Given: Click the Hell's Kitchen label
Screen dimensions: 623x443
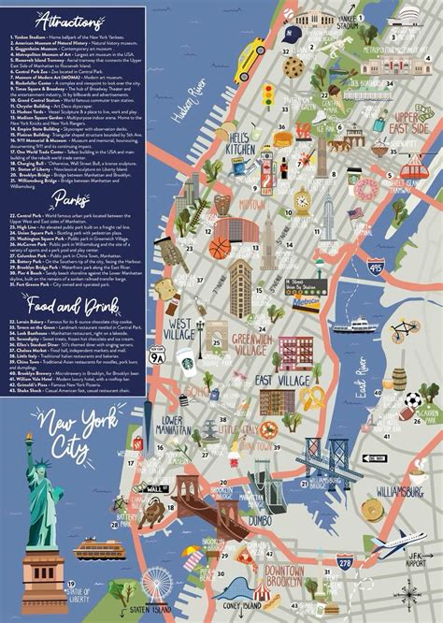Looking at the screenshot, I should coord(240,144).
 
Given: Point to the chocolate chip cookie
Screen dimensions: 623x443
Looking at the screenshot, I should coord(292,66).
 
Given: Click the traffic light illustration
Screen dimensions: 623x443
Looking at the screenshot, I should coord(268,95).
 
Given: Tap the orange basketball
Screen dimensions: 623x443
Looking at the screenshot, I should coord(219,248).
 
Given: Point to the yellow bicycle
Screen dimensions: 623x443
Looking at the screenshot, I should coord(405,328).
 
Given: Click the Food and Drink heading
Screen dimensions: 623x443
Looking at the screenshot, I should coord(75,306).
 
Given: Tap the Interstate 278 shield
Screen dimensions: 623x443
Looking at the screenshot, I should coord(345,561).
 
